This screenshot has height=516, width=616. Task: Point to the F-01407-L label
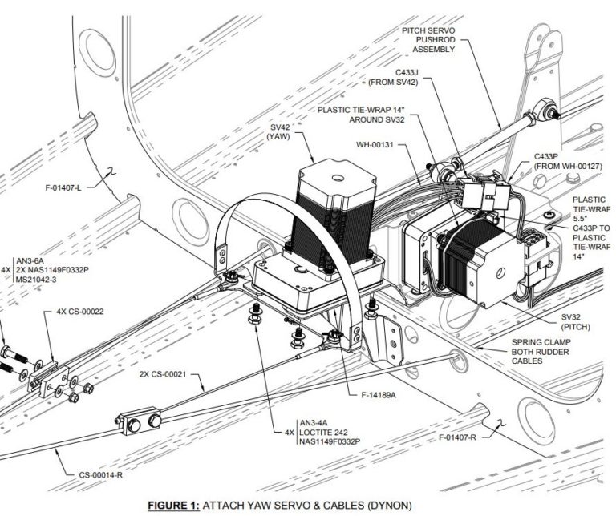pyautogui.click(x=75, y=190)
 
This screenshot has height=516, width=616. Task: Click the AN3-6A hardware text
pyautogui.click(x=33, y=260)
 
